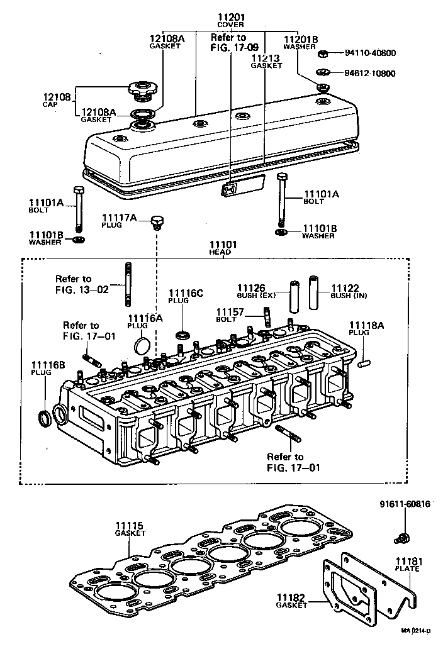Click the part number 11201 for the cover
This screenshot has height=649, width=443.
click(x=231, y=17)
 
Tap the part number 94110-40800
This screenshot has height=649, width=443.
click(x=370, y=53)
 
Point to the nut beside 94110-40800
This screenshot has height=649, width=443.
click(x=323, y=53)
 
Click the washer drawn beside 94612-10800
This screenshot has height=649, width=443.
click(x=322, y=73)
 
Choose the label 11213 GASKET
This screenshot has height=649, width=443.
click(x=266, y=61)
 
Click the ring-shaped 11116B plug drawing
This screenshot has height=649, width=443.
click(x=45, y=418)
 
